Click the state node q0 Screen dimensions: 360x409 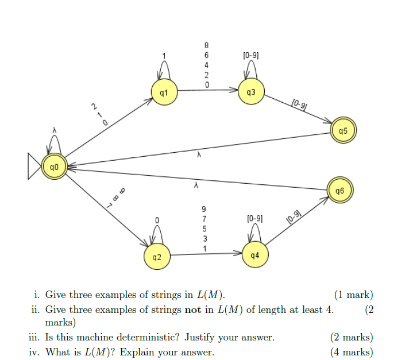(54, 167)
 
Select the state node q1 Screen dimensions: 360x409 (164, 92)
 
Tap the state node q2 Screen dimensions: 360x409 (157, 258)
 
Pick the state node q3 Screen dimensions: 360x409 (251, 92)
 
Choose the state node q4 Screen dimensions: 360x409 (254, 254)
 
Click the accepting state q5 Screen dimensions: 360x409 (343, 130)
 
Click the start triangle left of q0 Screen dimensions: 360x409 (34, 167)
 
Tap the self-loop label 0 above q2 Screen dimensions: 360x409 (156, 220)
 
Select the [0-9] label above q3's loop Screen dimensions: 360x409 (251, 56)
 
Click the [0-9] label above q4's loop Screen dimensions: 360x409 (254, 219)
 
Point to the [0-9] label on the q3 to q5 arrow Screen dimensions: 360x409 (299, 105)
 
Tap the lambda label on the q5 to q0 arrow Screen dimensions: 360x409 (199, 154)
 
